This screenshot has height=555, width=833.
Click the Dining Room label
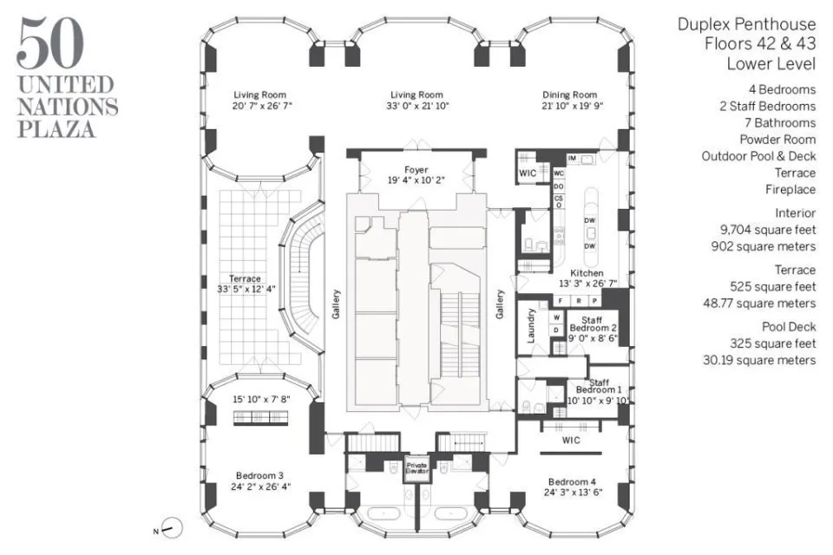pyautogui.click(x=570, y=95)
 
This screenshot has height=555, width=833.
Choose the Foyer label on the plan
pyautogui.click(x=416, y=169)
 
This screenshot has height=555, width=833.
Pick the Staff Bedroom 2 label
pyautogui.click(x=593, y=325)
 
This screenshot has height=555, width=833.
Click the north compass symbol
pyautogui.click(x=174, y=527)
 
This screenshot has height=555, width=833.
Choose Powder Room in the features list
pyautogui.click(x=777, y=139)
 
